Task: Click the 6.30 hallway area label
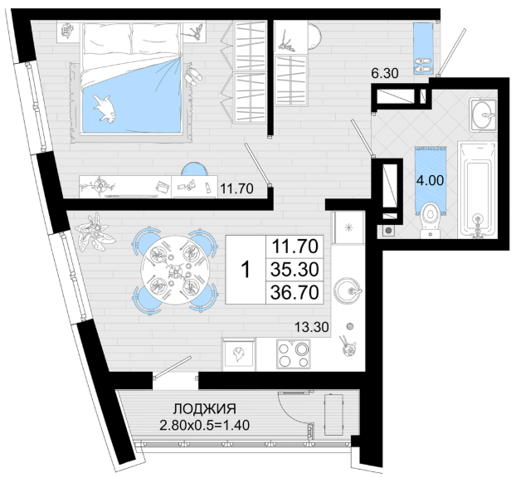coord(385,73)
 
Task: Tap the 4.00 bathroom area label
coord(430,180)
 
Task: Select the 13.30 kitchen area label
coord(311,327)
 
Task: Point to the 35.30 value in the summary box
coord(295,269)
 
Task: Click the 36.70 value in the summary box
coord(295,292)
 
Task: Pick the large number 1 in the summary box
coord(246,270)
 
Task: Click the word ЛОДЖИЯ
coord(205,409)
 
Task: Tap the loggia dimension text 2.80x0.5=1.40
coord(205,425)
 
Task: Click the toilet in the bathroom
coord(431,220)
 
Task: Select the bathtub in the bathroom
coord(477,189)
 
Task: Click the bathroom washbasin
coord(483,115)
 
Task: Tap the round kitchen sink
coord(348,291)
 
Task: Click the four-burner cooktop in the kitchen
coord(294,354)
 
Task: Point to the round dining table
coord(173,271)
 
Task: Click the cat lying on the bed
coord(105,109)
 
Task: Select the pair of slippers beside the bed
coord(193,77)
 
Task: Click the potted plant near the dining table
coord(95,231)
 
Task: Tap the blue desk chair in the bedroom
coord(194,168)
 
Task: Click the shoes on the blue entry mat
coord(423,66)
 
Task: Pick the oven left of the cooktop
coord(239,354)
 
